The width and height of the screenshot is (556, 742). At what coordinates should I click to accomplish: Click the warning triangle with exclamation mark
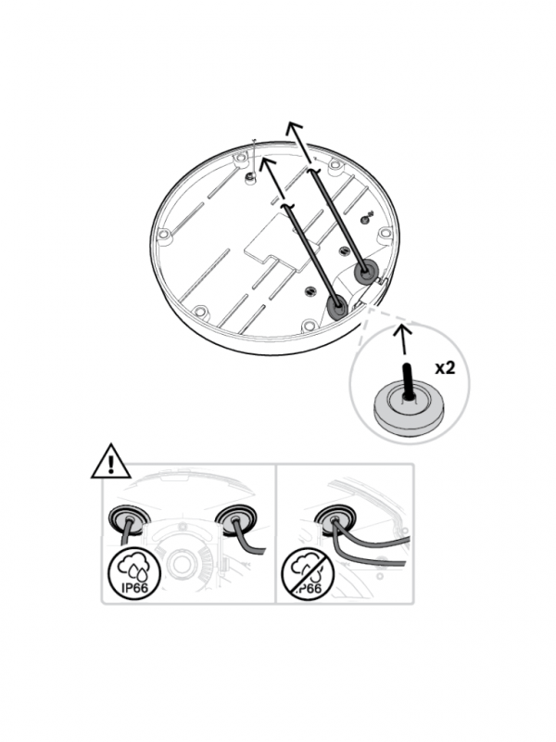click(x=111, y=462)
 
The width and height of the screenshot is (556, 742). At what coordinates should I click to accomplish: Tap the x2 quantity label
click(x=445, y=368)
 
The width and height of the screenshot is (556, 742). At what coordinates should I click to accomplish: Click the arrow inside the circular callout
click(x=403, y=339)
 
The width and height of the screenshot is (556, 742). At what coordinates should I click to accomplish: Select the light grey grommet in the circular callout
click(x=410, y=407)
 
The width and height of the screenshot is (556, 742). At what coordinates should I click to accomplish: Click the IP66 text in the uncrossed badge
click(x=134, y=588)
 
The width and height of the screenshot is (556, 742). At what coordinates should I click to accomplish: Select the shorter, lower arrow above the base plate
click(x=272, y=178)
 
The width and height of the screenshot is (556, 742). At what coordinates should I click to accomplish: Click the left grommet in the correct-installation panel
click(x=127, y=520)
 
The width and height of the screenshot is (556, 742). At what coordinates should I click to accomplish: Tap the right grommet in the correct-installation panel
click(x=237, y=519)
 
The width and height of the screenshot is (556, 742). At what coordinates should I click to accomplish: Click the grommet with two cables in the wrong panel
click(x=334, y=520)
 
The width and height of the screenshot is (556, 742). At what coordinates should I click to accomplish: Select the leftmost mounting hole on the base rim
click(x=164, y=235)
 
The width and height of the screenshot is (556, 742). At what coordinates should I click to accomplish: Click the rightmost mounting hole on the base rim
click(x=385, y=234)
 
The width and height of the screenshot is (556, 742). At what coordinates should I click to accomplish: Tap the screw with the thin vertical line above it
click(x=250, y=176)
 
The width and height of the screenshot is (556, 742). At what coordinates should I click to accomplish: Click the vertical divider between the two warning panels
click(x=275, y=533)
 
